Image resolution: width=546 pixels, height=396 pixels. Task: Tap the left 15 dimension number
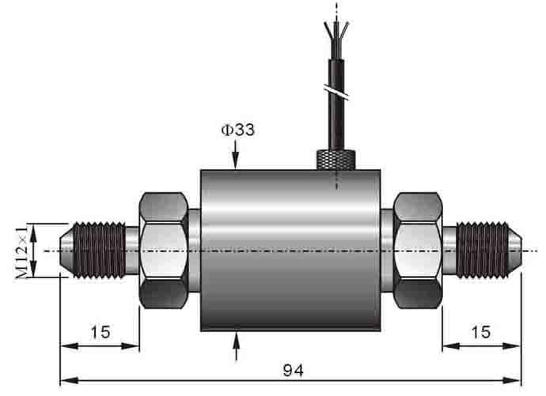(x=100, y=332)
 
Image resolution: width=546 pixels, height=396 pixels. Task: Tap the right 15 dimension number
(x=480, y=332)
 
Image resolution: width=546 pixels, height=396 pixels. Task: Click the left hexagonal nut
(x=164, y=251)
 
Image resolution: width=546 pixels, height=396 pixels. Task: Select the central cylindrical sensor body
(x=290, y=251)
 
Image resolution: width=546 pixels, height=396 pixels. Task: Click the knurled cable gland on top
(x=336, y=159)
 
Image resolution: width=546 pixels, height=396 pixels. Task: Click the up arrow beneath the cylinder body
(x=236, y=344)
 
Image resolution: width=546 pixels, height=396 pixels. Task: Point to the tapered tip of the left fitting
(x=68, y=251)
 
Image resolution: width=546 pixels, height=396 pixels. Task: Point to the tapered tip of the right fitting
(x=514, y=251)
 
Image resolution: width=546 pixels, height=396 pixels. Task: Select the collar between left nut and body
(x=195, y=251)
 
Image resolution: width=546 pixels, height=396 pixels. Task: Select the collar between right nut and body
(x=387, y=251)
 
